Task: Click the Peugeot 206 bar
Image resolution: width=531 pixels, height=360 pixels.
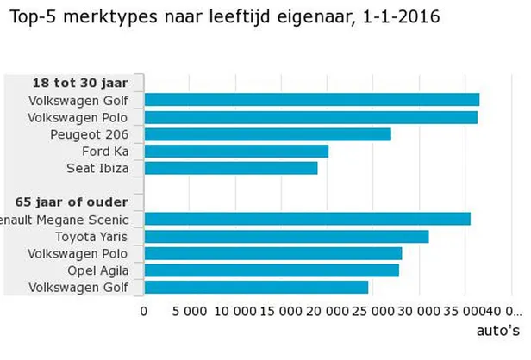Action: click(267, 134)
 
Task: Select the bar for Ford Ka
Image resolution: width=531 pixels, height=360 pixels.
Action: click(236, 152)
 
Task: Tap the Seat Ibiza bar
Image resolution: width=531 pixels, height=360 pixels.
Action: click(231, 168)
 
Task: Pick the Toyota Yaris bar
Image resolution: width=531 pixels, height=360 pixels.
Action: click(286, 236)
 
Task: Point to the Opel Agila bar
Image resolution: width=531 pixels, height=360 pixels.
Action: click(272, 270)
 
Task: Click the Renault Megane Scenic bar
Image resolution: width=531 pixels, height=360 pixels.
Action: click(307, 219)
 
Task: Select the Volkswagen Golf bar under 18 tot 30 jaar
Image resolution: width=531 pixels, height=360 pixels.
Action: click(311, 100)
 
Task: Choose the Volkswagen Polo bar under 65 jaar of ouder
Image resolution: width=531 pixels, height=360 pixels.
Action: click(273, 253)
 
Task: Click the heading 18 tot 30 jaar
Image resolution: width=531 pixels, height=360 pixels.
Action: click(80, 83)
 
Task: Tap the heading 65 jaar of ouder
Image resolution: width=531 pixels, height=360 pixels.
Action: click(78, 202)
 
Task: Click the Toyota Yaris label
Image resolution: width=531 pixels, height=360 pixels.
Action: click(91, 236)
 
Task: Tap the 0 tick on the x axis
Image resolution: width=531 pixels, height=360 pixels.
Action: click(144, 311)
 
